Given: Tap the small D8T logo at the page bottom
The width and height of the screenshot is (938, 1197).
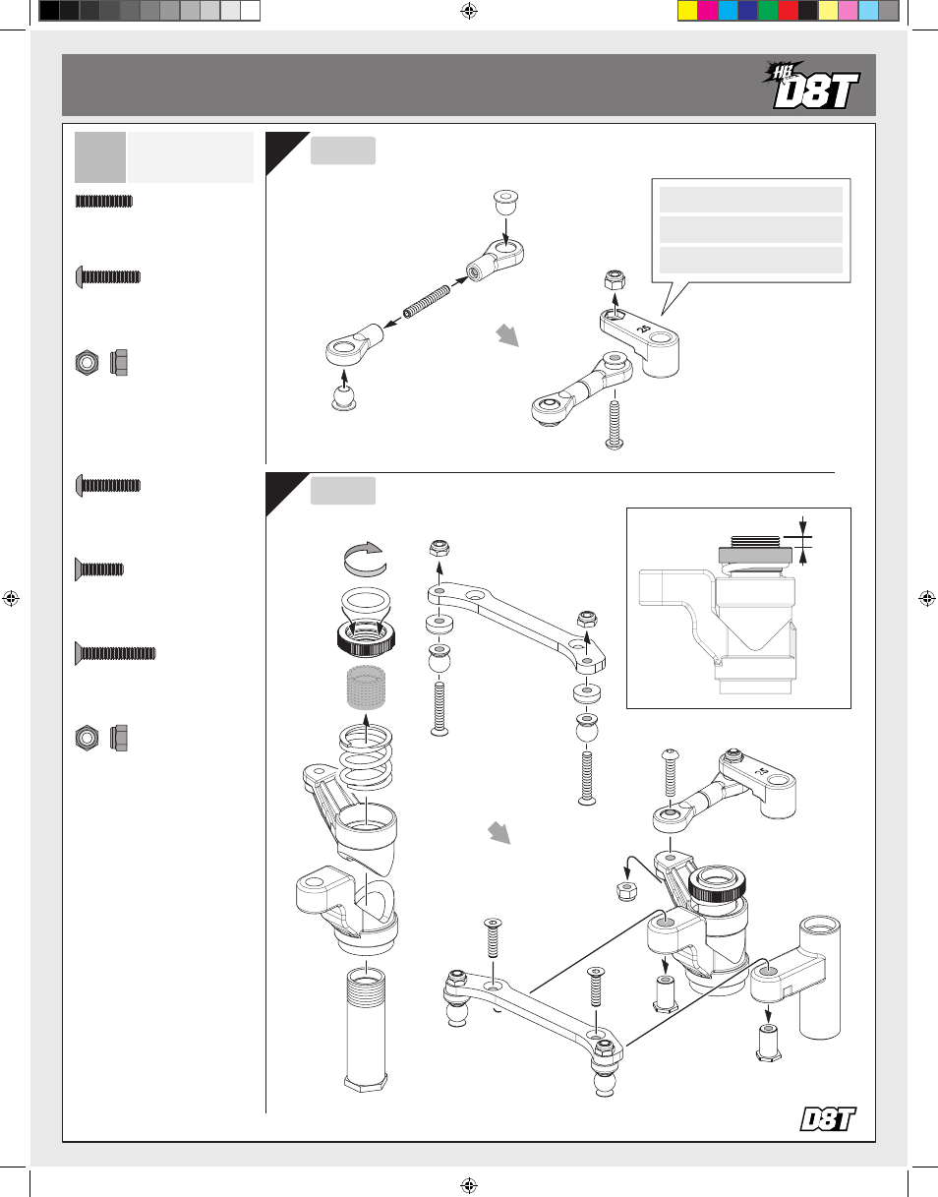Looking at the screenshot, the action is [x=828, y=1118].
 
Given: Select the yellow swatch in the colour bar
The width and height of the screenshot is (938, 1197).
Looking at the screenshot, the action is [x=687, y=11].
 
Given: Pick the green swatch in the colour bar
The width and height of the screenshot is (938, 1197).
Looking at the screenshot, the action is [x=768, y=11].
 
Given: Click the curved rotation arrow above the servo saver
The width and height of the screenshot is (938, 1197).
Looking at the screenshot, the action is [x=365, y=559].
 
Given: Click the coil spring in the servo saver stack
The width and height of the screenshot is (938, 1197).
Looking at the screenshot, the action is [x=366, y=757].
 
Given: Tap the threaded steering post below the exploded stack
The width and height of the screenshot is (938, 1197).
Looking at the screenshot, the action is [x=366, y=1029].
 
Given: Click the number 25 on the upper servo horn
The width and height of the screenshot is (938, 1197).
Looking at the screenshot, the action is [x=643, y=329].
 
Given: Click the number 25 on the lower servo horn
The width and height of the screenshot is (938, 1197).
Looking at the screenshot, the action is [x=762, y=771].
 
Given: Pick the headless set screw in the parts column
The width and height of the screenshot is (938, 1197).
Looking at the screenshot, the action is [x=104, y=201].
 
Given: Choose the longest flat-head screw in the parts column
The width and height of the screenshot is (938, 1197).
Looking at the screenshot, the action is [x=116, y=653].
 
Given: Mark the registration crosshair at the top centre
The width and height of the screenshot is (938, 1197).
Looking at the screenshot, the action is [x=469, y=11].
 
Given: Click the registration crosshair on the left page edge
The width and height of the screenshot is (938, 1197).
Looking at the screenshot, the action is [x=11, y=598].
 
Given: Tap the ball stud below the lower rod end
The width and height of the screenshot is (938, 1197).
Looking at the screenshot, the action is [x=343, y=397].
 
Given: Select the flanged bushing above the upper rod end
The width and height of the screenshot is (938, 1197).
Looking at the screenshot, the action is [x=506, y=203].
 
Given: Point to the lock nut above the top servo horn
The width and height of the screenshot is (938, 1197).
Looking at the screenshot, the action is [x=615, y=280].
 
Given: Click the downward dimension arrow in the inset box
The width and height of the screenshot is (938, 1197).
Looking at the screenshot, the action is [x=803, y=526].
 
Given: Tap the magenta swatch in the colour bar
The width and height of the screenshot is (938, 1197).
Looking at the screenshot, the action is [x=708, y=11].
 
